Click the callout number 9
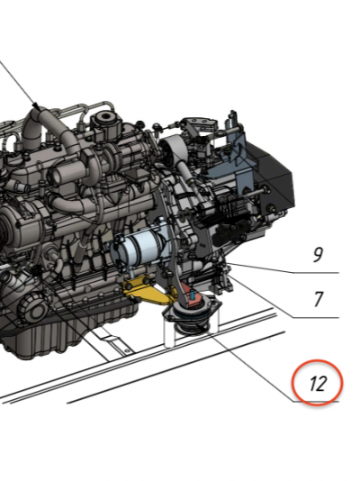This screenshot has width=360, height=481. tap(318, 255)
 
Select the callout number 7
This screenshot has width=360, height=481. tap(319, 299)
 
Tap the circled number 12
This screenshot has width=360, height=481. tap(317, 384)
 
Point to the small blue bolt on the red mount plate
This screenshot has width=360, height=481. tap(193, 295)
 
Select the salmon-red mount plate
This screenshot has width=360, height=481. tap(193, 295)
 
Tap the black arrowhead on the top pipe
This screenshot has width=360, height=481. tap(38, 106)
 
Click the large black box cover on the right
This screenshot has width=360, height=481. tap(271, 175)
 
